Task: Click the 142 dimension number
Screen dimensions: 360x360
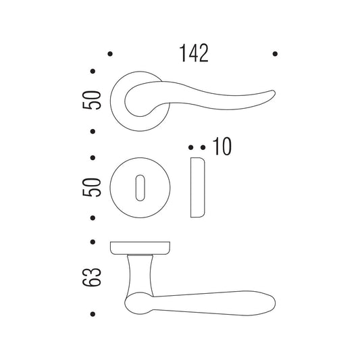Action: [194, 53]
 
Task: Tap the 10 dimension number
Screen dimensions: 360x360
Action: [222, 147]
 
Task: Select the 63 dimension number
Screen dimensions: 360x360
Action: [92, 277]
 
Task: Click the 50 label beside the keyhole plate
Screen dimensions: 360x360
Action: [92, 187]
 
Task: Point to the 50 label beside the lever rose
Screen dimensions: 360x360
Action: [92, 100]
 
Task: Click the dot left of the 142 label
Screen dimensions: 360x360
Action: [110, 54]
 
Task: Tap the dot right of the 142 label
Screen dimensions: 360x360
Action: [275, 54]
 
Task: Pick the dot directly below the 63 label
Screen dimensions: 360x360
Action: [93, 314]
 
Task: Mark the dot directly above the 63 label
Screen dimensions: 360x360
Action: [93, 242]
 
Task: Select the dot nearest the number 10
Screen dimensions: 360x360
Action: [203, 147]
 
